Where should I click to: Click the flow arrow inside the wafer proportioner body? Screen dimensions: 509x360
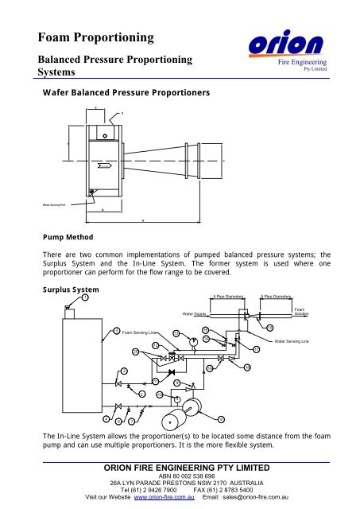[x=104, y=167]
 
